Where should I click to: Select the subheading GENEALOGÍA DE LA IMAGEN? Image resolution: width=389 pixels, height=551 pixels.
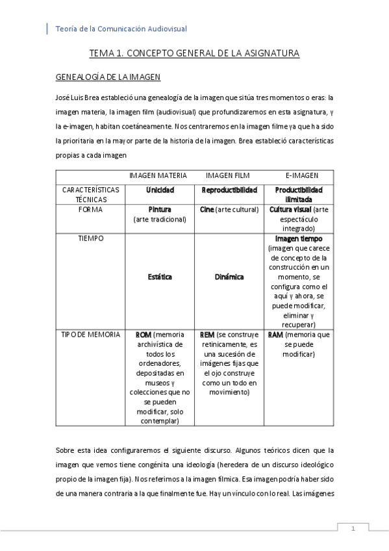click(x=108, y=77)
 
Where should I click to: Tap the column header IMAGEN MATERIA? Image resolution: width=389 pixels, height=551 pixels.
click(x=158, y=175)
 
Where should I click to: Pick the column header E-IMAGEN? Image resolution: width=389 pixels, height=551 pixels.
click(x=302, y=175)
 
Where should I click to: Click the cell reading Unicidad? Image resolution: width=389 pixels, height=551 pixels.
click(x=159, y=190)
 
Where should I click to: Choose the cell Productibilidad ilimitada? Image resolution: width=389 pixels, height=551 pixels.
click(x=299, y=195)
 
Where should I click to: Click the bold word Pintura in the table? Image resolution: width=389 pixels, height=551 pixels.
click(x=159, y=211)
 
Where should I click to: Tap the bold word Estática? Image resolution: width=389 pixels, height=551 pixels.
click(x=159, y=276)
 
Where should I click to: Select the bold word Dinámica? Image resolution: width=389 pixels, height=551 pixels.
click(x=229, y=276)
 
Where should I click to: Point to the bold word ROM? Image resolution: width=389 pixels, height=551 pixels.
click(x=143, y=334)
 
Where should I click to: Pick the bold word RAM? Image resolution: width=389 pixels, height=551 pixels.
click(x=275, y=334)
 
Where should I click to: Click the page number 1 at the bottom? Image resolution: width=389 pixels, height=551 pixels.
click(x=353, y=529)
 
